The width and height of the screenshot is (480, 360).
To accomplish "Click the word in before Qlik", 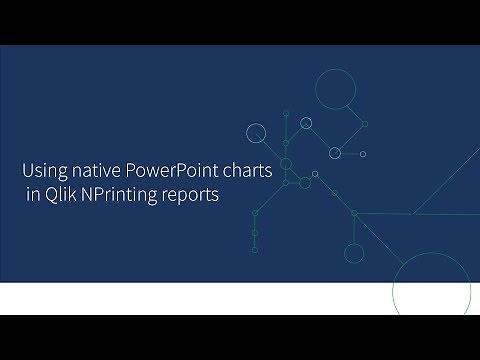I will point(32,195).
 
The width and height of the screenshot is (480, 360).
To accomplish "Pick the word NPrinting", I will point(121,195).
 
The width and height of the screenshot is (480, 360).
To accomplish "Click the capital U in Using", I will point(28,171).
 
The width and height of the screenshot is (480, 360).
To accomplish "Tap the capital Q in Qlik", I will point(48,195).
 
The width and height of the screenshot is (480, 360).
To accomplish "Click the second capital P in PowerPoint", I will point(180,171).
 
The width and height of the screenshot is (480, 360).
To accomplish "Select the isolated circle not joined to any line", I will point(306,124).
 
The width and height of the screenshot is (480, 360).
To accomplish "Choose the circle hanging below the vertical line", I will point(354,253).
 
